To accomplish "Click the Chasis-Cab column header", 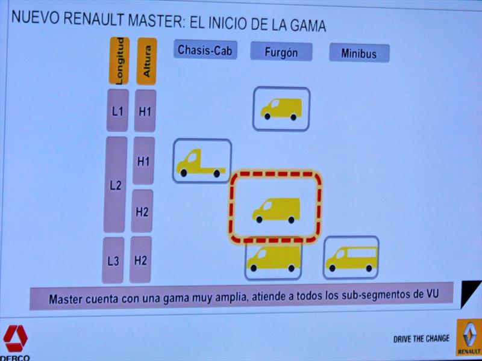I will click(x=205, y=51).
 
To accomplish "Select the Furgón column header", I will click(x=281, y=52).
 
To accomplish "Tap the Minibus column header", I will click(x=359, y=54).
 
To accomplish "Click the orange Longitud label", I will click(x=119, y=60).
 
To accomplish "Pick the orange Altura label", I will click(x=146, y=61).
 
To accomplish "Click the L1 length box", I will click(x=117, y=111).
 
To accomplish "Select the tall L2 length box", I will click(x=116, y=185).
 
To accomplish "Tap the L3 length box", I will click(x=113, y=261).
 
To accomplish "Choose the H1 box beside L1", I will click(x=145, y=111).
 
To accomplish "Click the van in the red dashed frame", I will click(x=276, y=209).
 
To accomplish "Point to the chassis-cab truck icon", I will click(x=201, y=163).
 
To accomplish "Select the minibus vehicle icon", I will click(x=351, y=258).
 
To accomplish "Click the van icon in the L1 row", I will click(x=281, y=109).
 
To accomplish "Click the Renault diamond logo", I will click(x=468, y=336).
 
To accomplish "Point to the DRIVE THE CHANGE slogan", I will click(x=421, y=339).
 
